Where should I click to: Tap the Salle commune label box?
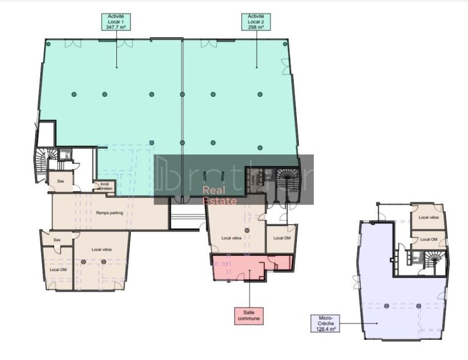click(249, 316)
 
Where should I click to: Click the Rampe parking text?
click(110, 213)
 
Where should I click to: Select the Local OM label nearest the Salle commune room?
click(282, 238)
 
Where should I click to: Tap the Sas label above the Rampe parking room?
click(60, 181)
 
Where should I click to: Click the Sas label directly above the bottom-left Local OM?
click(56, 239)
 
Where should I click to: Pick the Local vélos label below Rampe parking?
click(101, 250)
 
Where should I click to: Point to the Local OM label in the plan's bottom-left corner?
click(58, 269)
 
